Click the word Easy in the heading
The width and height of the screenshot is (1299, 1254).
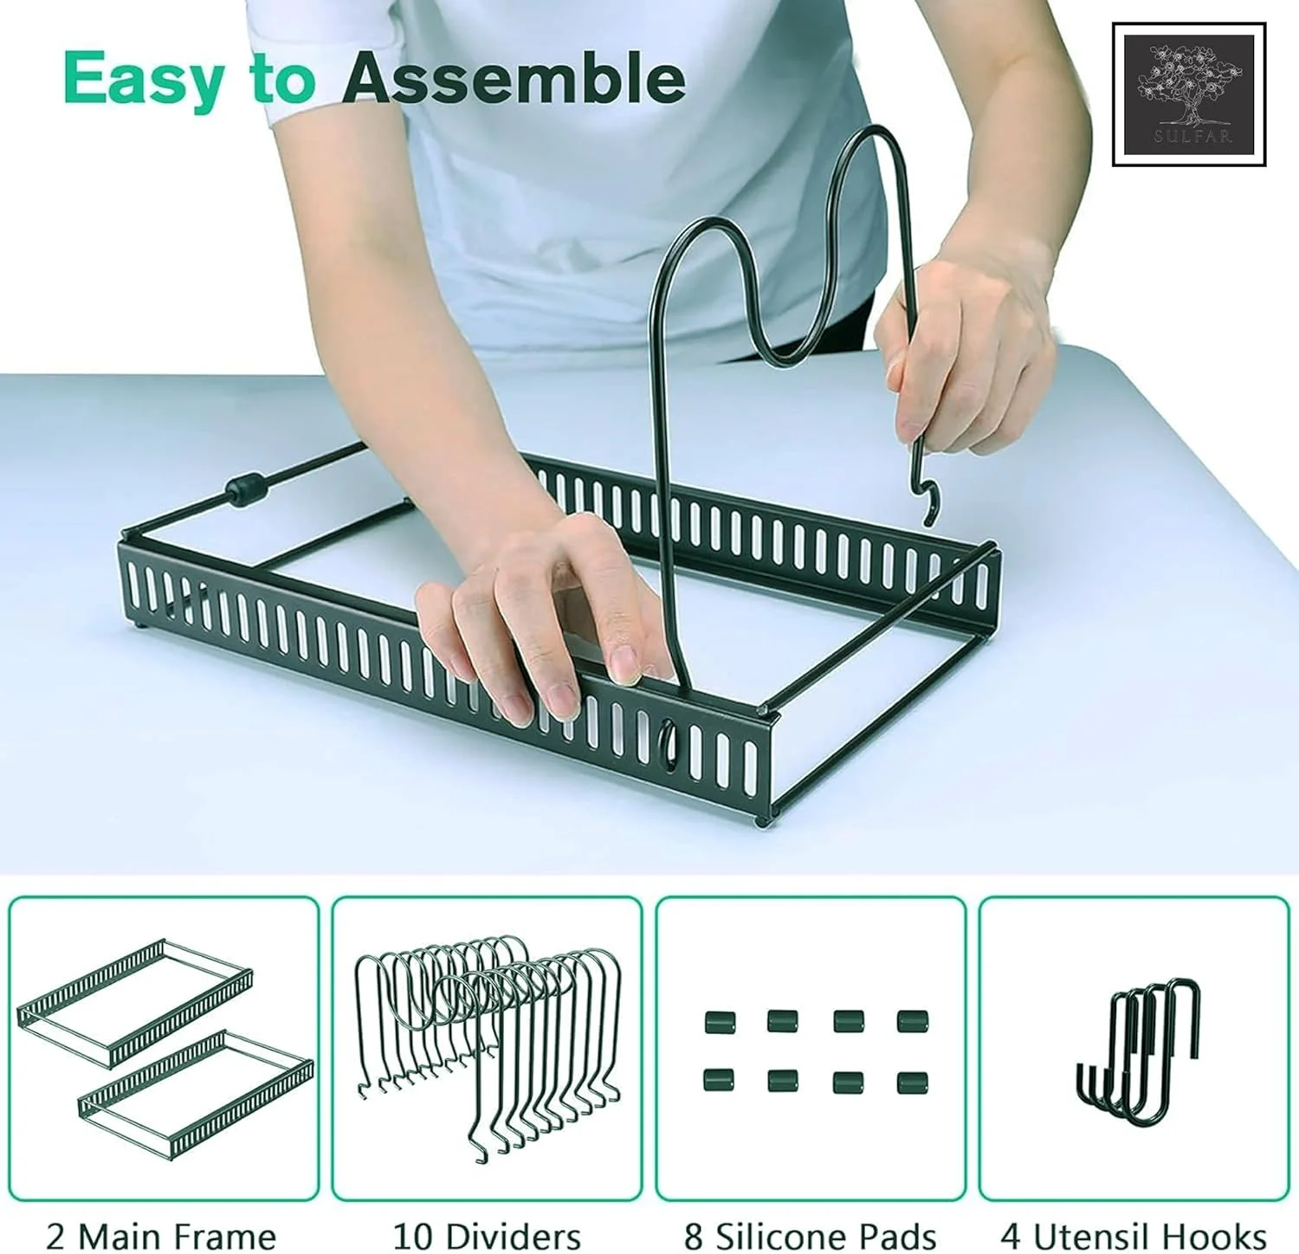point(144,81)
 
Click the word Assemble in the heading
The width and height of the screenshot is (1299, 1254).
point(514,78)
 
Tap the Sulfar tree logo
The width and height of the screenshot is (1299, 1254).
point(1189,94)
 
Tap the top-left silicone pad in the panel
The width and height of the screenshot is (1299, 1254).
point(720,1023)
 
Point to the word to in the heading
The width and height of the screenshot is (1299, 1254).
point(283,81)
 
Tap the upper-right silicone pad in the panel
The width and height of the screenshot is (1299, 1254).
point(913,1021)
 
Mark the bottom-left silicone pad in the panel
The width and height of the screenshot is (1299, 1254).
point(719,1081)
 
